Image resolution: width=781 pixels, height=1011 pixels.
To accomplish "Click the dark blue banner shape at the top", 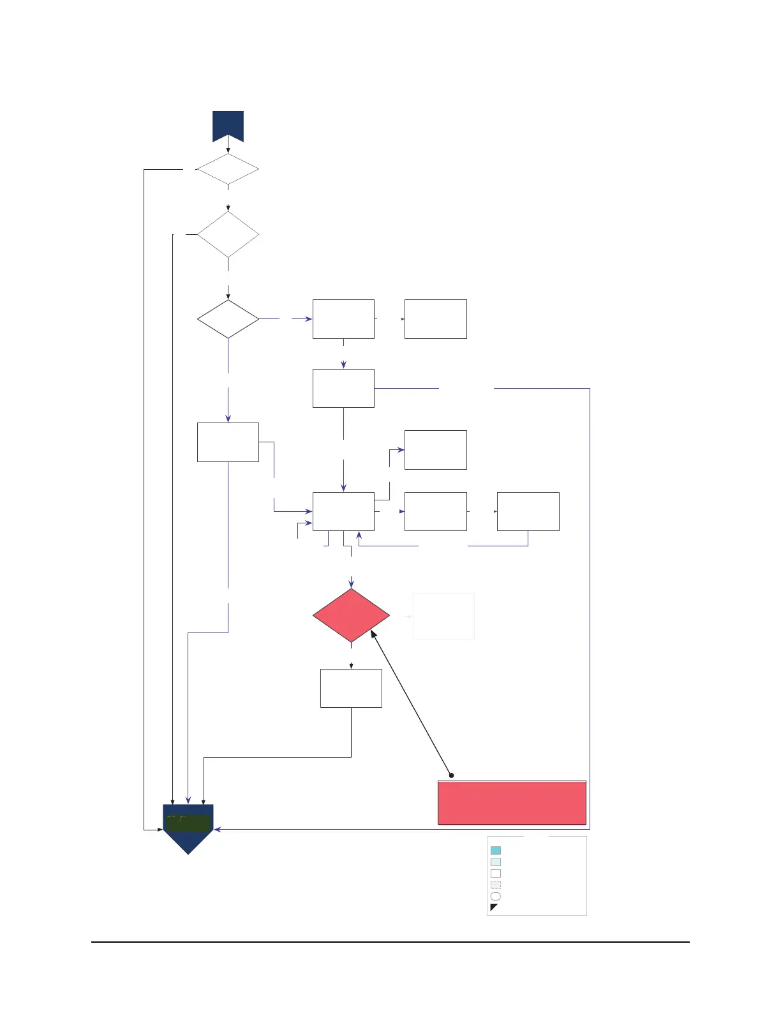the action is (228, 125).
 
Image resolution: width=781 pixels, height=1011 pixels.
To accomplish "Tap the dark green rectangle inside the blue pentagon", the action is (188, 822).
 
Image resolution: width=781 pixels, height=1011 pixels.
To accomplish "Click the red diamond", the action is (351, 615).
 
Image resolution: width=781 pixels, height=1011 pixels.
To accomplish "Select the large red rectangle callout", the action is (512, 803).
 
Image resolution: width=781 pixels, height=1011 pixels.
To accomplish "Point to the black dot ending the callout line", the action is (452, 775).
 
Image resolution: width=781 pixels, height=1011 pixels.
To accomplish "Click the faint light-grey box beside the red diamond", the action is (443, 617).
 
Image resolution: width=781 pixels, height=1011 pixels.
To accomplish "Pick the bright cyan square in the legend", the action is (496, 850).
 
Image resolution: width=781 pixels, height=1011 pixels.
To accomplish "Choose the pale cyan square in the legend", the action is (496, 862).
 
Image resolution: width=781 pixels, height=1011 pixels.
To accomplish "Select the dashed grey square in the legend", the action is (496, 885).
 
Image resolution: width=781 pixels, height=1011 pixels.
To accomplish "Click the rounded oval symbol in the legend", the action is (496, 897).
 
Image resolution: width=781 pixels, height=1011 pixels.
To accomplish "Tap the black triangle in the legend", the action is (493, 907).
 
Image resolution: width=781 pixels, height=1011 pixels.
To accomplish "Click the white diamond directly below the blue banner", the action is (228, 170).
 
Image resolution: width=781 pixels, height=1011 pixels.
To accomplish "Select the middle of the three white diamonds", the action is (228, 234).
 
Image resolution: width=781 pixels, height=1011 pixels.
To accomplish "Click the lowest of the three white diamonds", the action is (228, 318).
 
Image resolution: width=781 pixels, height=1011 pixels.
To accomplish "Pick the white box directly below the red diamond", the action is (351, 688).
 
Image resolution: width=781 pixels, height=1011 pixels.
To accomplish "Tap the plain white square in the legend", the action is (496, 874).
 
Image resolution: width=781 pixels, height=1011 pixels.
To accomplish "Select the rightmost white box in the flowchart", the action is (528, 511).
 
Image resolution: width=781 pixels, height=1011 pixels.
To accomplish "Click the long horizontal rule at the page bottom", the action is (390, 941).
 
